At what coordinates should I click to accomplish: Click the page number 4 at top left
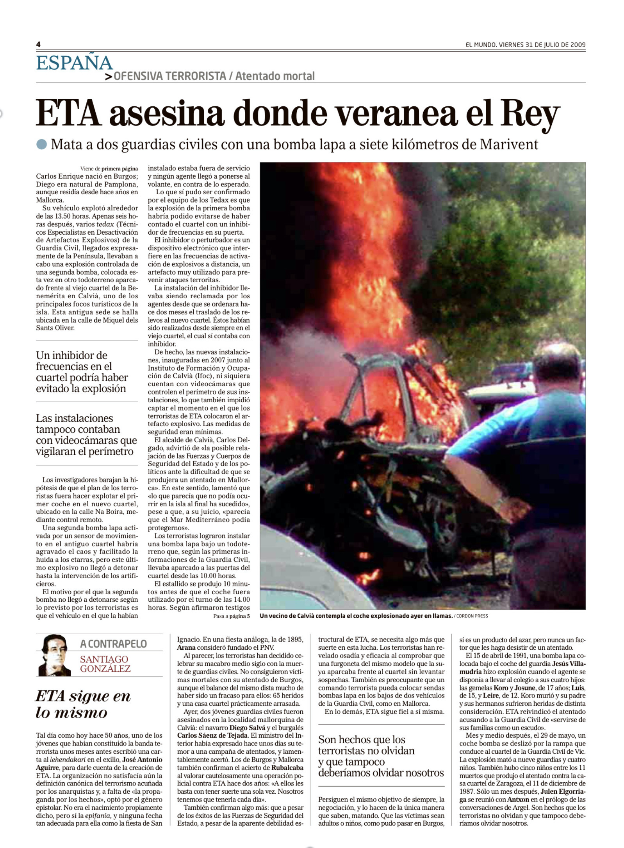38,45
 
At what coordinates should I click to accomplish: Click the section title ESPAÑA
74,63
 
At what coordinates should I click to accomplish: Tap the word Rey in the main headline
530,113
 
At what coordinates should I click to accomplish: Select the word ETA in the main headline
68,113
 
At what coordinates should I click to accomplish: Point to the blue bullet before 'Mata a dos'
41,145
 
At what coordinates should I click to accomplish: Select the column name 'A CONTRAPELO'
114,644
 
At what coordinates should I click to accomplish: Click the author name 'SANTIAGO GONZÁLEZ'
105,664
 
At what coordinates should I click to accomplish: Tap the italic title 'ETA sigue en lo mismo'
83,704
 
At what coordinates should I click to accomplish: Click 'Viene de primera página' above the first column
109,169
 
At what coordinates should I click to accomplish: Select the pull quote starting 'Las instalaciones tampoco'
86,435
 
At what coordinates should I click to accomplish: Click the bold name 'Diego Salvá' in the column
248,728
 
